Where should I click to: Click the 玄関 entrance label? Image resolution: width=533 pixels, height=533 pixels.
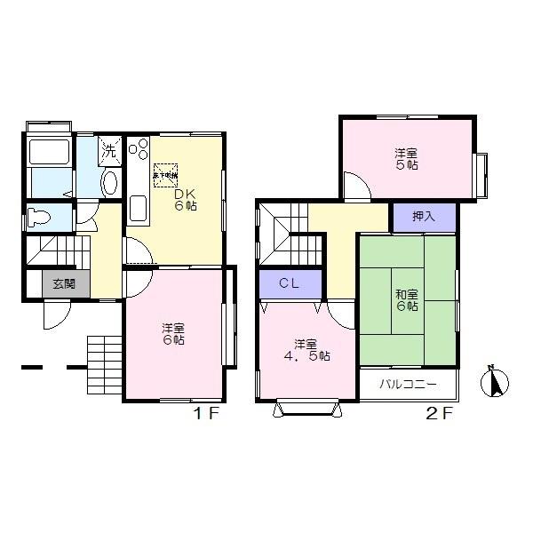point(61,283)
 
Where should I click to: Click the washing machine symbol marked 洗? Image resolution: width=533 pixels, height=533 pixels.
point(109,150)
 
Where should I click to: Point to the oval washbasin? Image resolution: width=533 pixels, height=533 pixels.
point(109,183)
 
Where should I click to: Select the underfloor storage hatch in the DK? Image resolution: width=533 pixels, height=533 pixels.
point(166,174)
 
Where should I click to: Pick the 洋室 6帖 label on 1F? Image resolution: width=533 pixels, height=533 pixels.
point(173,332)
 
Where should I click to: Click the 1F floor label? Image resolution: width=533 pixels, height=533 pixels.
point(207,414)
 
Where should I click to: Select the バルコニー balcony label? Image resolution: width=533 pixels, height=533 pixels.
point(407,386)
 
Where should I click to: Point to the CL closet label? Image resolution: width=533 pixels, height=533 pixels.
point(290,283)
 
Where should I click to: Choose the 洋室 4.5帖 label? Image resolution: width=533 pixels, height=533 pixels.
point(308,350)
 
